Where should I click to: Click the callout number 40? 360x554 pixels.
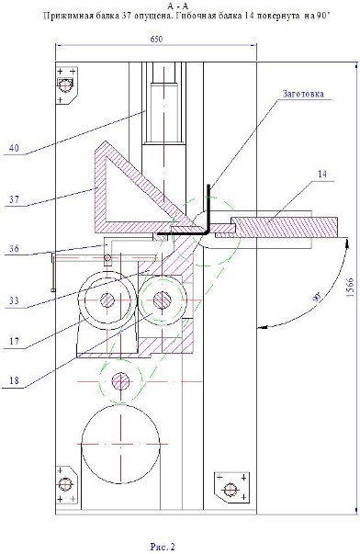[14, 148]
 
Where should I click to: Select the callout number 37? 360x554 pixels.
[14, 199]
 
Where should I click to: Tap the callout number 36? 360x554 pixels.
[14, 249]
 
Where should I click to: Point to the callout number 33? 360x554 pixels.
[14, 301]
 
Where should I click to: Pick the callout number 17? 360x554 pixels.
[14, 341]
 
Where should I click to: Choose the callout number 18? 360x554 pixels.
[14, 381]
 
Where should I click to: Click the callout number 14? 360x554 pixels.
[322, 174]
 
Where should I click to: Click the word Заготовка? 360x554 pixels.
[303, 94]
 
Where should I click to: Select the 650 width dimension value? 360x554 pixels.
[156, 40]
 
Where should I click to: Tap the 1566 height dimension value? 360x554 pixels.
[350, 288]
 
